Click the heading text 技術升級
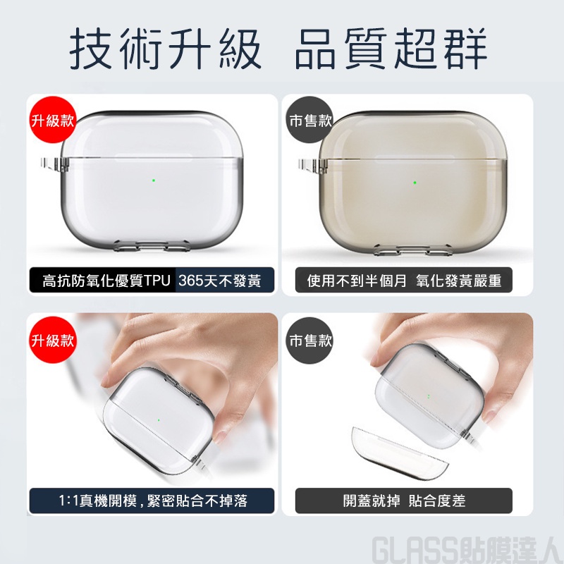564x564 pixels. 165,49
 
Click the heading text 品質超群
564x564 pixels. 391,49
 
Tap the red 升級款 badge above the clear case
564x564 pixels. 52,120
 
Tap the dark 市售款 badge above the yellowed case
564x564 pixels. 310,120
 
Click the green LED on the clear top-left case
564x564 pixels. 154,180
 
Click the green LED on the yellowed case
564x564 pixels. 415,183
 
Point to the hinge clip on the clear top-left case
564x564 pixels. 54,165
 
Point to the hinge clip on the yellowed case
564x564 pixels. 312,166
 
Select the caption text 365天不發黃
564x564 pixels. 220,281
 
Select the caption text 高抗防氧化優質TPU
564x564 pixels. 106,281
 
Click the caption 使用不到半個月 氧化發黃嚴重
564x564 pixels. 404,281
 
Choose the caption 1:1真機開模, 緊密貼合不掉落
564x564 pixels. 153,501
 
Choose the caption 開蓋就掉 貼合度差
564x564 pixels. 404,501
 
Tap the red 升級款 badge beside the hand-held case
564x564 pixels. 52,340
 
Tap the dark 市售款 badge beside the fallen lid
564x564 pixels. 310,340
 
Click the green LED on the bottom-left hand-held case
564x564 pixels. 158,419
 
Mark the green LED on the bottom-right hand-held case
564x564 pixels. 429,396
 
